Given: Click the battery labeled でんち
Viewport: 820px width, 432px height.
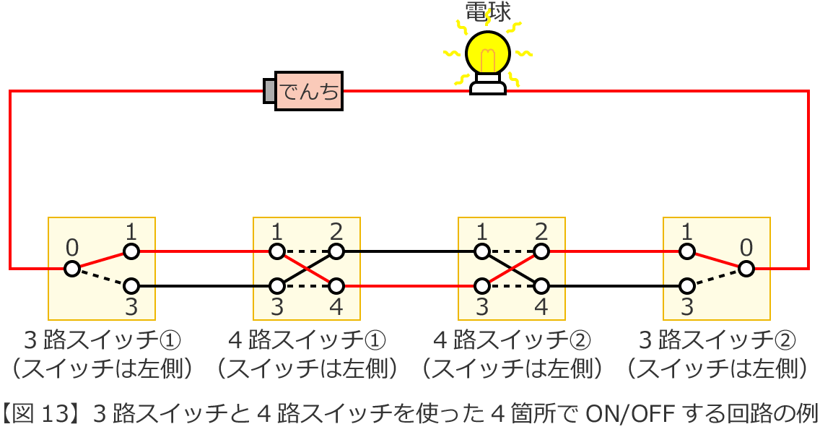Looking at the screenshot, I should click(308, 91).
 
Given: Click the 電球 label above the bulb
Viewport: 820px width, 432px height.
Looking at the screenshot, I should click(488, 12).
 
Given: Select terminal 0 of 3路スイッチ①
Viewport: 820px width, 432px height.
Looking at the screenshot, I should click(71, 269).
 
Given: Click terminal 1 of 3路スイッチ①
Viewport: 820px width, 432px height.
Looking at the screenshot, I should click(131, 251).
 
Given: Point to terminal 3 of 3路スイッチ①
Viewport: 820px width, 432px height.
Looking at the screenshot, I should click(131, 286).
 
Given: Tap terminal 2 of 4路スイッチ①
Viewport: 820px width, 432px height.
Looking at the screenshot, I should click(336, 251).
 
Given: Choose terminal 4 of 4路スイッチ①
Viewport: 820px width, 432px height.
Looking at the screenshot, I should click(336, 286).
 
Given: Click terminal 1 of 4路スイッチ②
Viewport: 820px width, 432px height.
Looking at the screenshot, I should click(481, 251).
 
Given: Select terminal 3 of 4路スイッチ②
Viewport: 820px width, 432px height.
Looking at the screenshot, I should click(481, 286).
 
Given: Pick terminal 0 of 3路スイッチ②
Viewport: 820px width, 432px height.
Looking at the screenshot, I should click(746, 269).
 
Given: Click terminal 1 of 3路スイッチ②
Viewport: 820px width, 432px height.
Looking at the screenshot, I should click(686, 251).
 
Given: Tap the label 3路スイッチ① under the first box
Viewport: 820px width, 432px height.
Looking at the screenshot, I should click(102, 340).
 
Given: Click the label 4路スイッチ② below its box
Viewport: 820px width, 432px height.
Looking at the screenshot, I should click(512, 340).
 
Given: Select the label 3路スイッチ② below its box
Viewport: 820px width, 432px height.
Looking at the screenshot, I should click(717, 340).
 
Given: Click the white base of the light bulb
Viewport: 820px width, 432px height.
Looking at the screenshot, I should click(488, 85).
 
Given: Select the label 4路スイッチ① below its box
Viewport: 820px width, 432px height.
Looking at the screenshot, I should click(307, 340).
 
